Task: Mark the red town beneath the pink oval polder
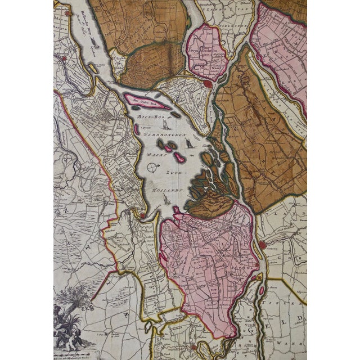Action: pos(208,83)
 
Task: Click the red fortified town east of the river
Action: pos(262,245)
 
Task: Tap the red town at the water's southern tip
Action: pos(142,214)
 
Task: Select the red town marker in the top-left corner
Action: pos(67,12)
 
